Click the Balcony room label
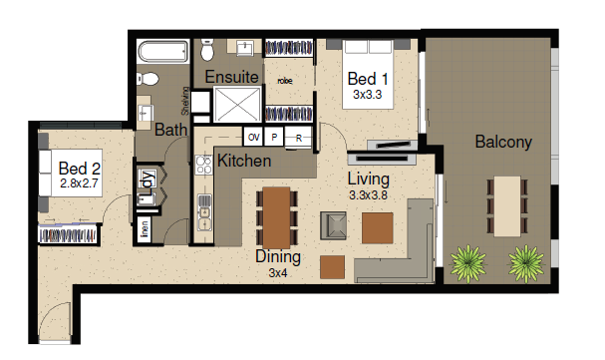[503, 142]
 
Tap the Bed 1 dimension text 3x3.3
[368, 95]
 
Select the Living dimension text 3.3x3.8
[368, 195]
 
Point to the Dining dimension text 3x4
[278, 273]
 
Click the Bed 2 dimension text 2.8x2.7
[79, 183]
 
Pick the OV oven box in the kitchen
[253, 137]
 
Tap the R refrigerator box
[298, 138]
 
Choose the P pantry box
[274, 137]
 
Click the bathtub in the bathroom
[163, 51]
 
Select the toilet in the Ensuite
[207, 50]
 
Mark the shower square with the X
[237, 104]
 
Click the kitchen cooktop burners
[203, 165]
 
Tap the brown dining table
[276, 218]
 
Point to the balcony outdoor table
[507, 206]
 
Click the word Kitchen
[244, 161]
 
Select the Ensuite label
[231, 77]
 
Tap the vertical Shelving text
[185, 101]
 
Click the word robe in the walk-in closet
[285, 81]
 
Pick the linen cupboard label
[145, 228]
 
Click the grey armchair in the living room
[333, 225]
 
